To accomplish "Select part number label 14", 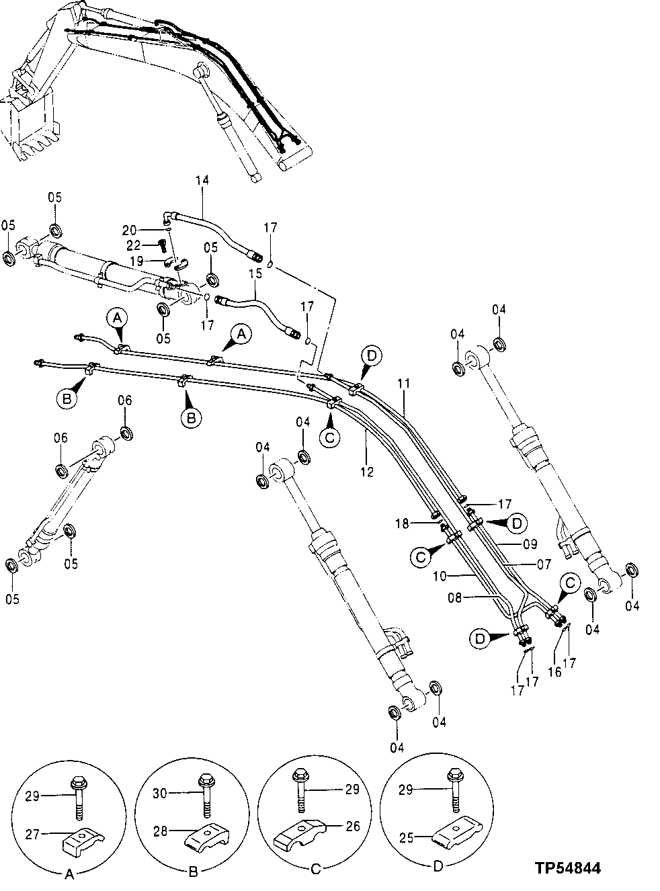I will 202,180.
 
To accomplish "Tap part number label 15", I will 254,275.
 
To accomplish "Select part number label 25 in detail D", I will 406,837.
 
